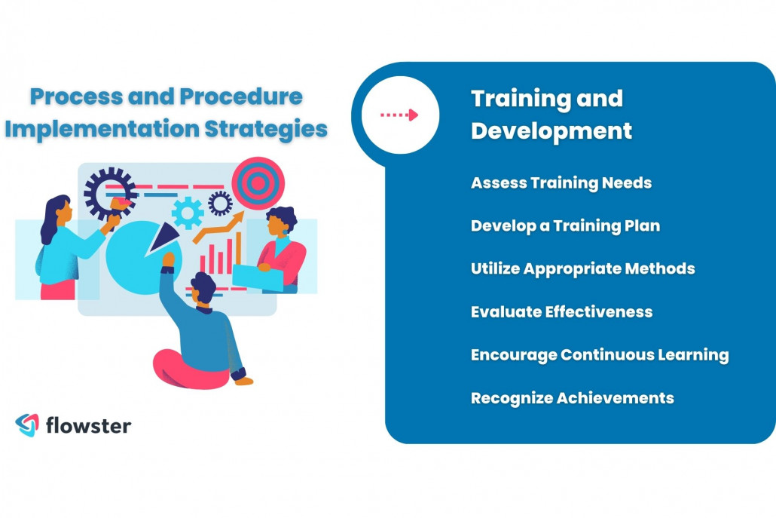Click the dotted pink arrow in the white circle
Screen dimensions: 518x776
399,115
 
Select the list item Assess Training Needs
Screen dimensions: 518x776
561,183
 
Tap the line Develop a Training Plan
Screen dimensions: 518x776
565,226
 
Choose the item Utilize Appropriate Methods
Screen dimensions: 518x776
582,269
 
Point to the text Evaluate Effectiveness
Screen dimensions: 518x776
561,312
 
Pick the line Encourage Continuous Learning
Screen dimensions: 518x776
599,355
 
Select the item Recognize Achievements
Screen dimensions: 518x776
572,398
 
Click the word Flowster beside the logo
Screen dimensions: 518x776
88,425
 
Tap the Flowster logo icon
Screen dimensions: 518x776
27,425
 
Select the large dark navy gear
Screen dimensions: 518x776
108,192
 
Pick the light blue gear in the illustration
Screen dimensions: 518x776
188,212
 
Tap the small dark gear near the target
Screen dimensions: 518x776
220,203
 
